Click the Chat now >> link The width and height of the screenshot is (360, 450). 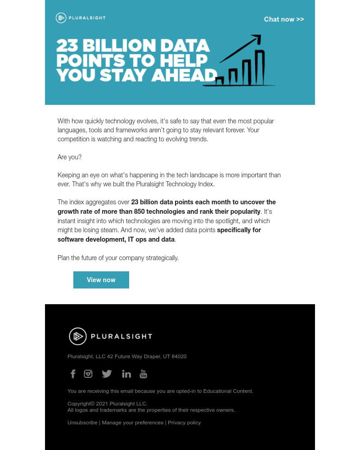pos(284,19)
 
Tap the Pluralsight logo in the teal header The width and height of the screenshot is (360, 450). pos(81,18)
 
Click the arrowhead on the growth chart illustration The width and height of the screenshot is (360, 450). pos(256,39)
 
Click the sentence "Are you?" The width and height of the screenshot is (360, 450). pos(70,157)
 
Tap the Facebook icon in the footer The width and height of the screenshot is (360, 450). pos(73,374)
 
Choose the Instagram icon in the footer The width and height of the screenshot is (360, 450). pos(88,373)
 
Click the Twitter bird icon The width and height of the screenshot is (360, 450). pos(107,373)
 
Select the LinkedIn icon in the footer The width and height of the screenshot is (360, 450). pos(126,374)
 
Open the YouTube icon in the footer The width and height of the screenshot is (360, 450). pos(143,373)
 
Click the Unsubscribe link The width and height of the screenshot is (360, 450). pos(82,423)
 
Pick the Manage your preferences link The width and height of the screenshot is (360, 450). pos(132,423)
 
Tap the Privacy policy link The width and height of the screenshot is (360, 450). pos(184,423)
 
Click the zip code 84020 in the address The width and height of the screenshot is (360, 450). pos(179,356)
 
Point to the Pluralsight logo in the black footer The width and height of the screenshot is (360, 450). pos(111,336)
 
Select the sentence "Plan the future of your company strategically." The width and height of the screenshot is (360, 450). pos(118,258)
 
